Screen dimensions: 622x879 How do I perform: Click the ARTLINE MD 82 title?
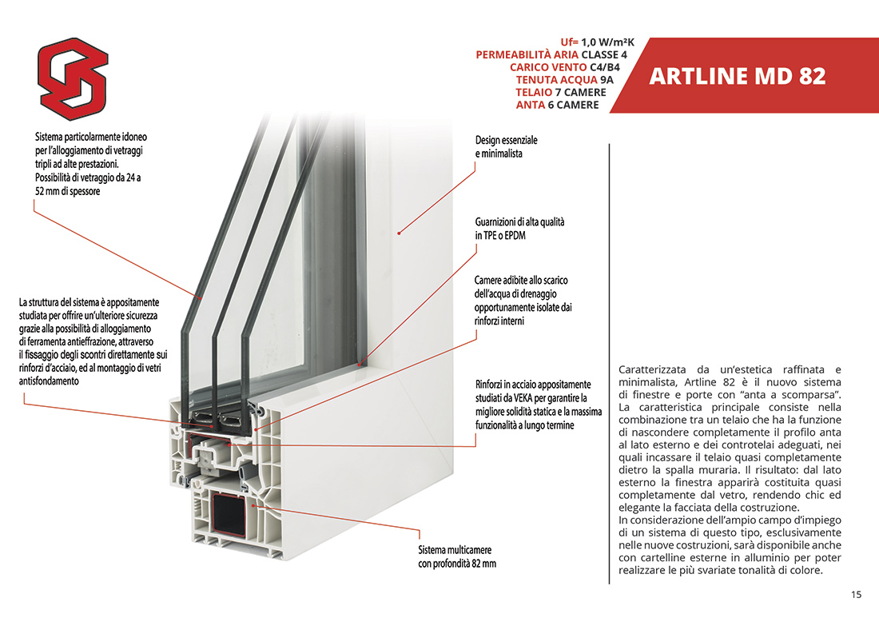coord(737,77)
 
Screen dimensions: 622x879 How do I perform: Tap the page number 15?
coord(856,595)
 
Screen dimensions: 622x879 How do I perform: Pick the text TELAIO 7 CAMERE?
coord(560,93)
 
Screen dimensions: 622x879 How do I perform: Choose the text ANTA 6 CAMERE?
coord(557,106)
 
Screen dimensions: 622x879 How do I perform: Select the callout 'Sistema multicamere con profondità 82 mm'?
coord(456,557)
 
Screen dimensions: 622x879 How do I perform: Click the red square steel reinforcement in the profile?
coord(233,509)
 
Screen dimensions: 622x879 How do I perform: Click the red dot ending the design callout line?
coord(400,233)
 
